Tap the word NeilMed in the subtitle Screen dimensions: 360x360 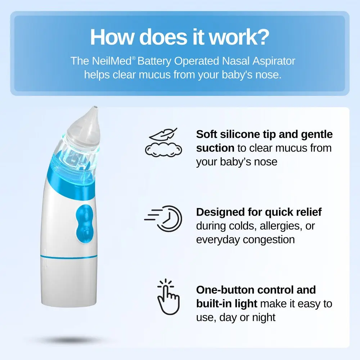(x=112, y=61)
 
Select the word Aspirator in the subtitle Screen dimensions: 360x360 (x=274, y=61)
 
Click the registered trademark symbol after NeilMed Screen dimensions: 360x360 (x=134, y=58)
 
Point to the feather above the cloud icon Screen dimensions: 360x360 (x=163, y=135)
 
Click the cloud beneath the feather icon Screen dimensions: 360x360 (x=163, y=149)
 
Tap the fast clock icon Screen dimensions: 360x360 (x=163, y=219)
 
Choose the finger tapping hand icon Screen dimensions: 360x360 (x=168, y=296)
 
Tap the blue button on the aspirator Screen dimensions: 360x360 (x=85, y=224)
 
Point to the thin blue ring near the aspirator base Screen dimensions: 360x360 (x=69, y=256)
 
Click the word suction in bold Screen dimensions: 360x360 (x=215, y=148)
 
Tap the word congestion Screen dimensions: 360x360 (x=269, y=240)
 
